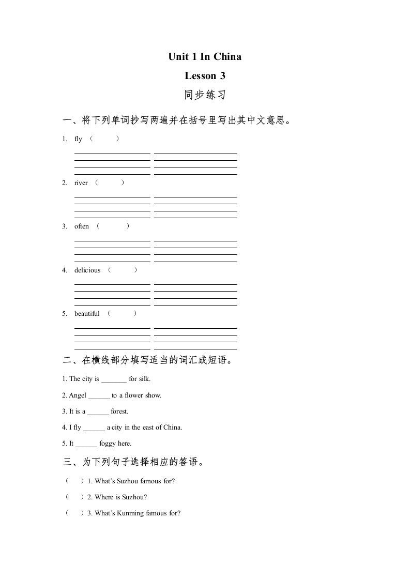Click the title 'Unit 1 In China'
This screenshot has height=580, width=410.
[x=205, y=56]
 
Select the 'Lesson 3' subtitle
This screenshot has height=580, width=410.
[x=205, y=76]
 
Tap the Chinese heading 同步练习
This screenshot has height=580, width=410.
[x=205, y=96]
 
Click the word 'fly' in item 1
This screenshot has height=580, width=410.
[x=79, y=139]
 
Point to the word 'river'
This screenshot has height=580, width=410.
[x=81, y=182]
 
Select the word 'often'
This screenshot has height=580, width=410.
[x=82, y=226]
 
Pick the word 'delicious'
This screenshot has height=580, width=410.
[x=87, y=270]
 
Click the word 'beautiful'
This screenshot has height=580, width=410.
[x=87, y=313]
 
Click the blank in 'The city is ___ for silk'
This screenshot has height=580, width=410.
[x=114, y=379]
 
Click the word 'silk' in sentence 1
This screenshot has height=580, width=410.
[x=144, y=379]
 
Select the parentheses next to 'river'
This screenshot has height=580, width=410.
[x=110, y=182]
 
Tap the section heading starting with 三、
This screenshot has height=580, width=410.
[x=135, y=462]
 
